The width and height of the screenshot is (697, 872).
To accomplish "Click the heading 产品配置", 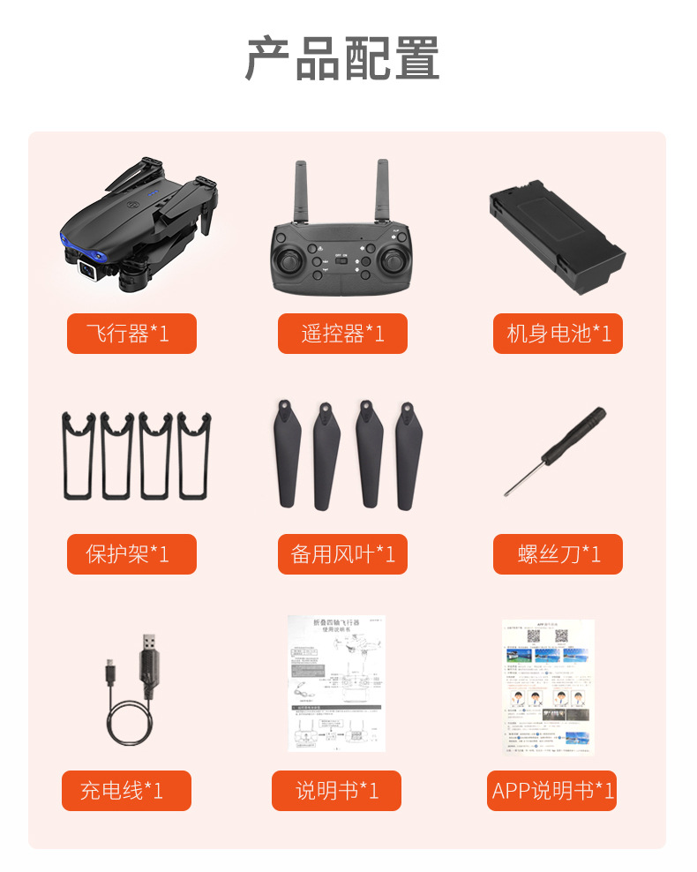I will click(x=342, y=59).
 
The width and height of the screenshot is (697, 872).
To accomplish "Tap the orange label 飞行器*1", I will click(x=131, y=334).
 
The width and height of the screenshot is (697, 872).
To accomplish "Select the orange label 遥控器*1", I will click(x=342, y=334).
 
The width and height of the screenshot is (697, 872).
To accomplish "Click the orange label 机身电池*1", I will click(x=558, y=334).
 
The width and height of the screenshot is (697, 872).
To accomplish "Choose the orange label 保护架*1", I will click(x=131, y=554).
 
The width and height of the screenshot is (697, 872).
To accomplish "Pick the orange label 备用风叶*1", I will click(x=342, y=554).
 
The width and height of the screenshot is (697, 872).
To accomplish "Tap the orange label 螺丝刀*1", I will click(x=558, y=554).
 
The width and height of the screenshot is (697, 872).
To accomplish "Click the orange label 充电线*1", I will click(x=126, y=790).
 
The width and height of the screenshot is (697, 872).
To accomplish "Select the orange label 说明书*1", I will click(x=336, y=790).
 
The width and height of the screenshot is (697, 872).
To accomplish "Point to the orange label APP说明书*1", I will click(x=551, y=790).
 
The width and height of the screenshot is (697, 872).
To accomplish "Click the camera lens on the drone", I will click(x=88, y=269).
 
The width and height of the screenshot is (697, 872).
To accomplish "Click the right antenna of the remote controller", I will click(x=383, y=190).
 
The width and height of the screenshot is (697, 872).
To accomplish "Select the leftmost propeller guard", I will click(x=79, y=455).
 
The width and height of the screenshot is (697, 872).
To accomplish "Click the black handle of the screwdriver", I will click(x=574, y=435).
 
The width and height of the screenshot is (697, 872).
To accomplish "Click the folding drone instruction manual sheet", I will click(x=336, y=684).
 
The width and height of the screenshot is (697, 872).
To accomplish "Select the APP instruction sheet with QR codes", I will click(x=549, y=687).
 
